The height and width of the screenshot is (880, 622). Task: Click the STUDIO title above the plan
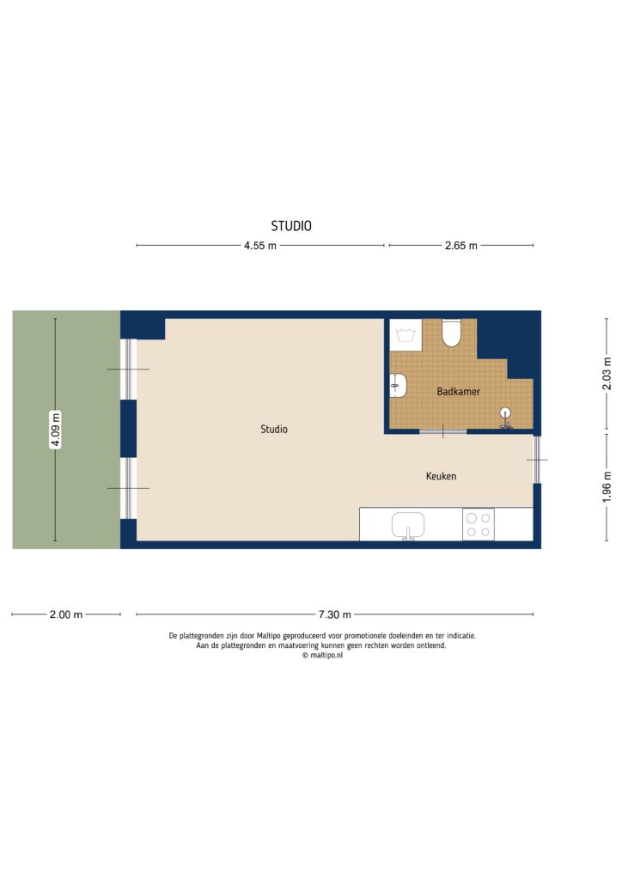pos(291,227)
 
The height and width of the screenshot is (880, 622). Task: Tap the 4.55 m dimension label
pos(260,246)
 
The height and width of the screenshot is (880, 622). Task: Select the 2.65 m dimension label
pos(460,246)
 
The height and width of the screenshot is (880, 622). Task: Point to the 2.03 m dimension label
pos(607,374)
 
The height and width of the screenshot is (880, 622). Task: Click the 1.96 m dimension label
pos(607,487)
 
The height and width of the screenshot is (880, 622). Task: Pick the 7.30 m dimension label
pos(334,614)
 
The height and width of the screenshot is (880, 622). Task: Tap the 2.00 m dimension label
pos(66,614)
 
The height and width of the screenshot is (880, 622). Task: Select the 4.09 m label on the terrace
pos(56,430)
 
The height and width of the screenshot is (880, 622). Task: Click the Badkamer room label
pos(458,391)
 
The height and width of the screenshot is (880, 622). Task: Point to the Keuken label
pos(441,476)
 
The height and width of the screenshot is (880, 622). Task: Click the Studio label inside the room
pos(274,429)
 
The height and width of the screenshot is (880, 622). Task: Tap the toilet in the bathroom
pos(451,333)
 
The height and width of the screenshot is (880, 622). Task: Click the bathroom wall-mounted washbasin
pos(397,385)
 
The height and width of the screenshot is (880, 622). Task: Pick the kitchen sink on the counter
pos(410,524)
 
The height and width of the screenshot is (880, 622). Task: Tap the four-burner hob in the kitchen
pos(479,524)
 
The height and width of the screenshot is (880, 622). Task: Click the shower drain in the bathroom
pos(506,413)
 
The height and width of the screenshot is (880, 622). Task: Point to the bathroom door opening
pos(442,431)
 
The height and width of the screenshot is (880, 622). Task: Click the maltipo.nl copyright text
pos(322,655)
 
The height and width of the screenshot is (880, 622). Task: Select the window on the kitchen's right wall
pos(537,460)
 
